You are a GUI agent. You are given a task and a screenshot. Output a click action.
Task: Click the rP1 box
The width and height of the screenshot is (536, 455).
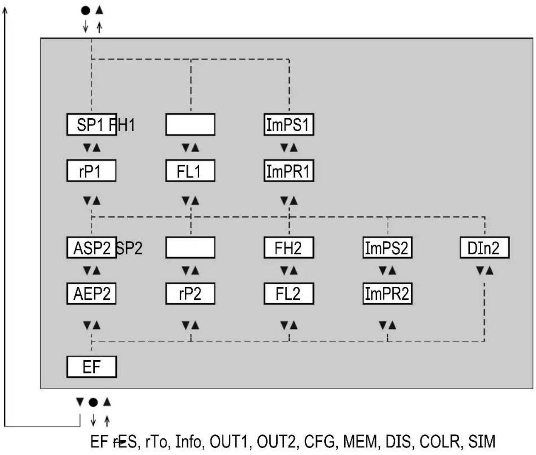[x=91, y=171]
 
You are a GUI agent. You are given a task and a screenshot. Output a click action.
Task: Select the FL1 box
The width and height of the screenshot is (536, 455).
[x=190, y=171]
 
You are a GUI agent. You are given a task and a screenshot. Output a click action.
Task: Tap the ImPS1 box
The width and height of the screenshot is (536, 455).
[x=289, y=125]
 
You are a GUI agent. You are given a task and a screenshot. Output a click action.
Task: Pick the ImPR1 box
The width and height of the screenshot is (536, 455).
[x=289, y=171]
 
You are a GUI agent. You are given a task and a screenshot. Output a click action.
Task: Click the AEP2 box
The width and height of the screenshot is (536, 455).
[x=91, y=294]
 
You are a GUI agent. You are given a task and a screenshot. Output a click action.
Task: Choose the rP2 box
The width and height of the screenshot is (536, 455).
[x=190, y=294]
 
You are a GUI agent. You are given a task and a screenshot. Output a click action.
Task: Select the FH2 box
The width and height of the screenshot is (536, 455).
[x=289, y=248]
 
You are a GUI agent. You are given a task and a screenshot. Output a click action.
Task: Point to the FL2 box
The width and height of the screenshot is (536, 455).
[x=289, y=294]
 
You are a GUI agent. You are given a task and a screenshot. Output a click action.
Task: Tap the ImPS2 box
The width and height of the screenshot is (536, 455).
[x=387, y=248]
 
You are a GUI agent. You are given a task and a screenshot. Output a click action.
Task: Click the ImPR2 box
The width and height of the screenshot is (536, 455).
[x=387, y=294]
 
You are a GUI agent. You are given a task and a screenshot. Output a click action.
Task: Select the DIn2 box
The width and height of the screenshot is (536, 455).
[x=484, y=248]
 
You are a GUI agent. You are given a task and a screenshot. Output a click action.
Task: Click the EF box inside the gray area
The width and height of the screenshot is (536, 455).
[x=91, y=367]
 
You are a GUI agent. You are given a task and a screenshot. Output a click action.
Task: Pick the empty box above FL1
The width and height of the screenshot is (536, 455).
[x=190, y=125]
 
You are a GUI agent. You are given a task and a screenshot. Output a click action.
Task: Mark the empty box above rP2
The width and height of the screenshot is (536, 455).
[x=190, y=248]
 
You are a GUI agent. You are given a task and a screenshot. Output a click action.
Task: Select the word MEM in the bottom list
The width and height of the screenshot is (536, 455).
[x=360, y=442]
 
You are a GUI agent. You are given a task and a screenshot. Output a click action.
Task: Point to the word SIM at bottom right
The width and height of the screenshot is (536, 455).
[x=482, y=442]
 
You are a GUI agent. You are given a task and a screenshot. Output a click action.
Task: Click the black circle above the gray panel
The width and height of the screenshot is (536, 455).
[x=86, y=10]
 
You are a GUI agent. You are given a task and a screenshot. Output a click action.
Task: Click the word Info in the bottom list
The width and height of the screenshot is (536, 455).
[x=188, y=442]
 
